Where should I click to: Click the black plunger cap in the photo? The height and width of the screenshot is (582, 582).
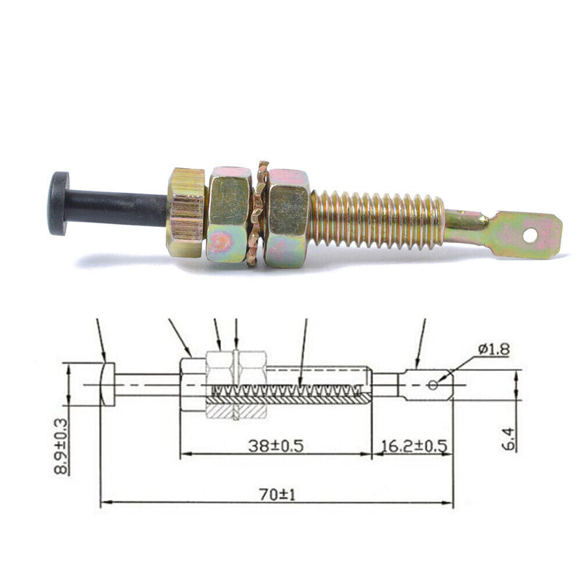coord(58,203)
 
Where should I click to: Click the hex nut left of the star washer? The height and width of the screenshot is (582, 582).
coord(229,215)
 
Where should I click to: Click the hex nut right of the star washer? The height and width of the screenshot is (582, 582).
coord(287,218)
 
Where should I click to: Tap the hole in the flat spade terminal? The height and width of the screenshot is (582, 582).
coord(531,235)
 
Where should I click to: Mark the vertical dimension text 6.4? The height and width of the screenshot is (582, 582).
coord(509,439)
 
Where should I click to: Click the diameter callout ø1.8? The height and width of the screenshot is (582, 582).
coord(493,350)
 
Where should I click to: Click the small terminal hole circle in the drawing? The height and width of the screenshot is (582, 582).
coord(432,384)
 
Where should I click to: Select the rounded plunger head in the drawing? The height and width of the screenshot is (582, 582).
coord(108,384)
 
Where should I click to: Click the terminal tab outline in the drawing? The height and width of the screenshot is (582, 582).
coord(426,385)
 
